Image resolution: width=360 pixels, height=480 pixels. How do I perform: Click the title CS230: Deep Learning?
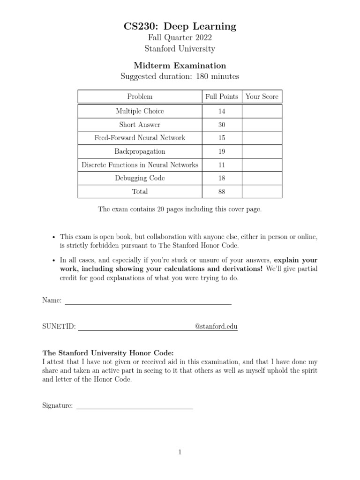click(x=180, y=27)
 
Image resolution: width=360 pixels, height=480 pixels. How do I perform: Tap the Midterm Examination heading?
click(x=180, y=66)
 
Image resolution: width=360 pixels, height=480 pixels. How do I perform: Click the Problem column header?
click(x=140, y=97)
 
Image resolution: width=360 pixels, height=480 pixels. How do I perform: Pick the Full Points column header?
click(x=222, y=97)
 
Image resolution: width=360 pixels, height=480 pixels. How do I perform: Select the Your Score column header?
click(x=262, y=97)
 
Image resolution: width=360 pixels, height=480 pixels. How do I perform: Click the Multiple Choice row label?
click(x=140, y=111)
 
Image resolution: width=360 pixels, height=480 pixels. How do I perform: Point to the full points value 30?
click(x=222, y=125)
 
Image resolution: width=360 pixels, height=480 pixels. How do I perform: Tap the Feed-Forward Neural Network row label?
click(x=140, y=138)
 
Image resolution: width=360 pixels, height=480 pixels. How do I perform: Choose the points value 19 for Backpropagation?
click(x=222, y=151)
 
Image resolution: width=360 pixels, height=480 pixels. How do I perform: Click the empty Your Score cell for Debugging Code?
click(x=262, y=178)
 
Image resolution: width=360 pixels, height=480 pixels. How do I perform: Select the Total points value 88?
click(x=222, y=192)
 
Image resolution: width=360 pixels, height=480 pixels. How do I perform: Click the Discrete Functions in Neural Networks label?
click(x=140, y=165)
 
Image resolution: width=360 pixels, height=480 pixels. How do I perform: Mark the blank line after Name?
click(x=148, y=304)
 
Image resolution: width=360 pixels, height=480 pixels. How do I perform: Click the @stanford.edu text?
click(x=216, y=327)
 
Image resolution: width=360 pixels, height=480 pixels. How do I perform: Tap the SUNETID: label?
click(x=59, y=327)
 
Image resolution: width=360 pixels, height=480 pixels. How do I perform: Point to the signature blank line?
click(x=135, y=408)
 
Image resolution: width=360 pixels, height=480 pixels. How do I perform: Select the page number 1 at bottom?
click(x=180, y=452)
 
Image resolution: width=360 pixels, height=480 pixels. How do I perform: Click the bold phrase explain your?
click(x=296, y=260)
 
